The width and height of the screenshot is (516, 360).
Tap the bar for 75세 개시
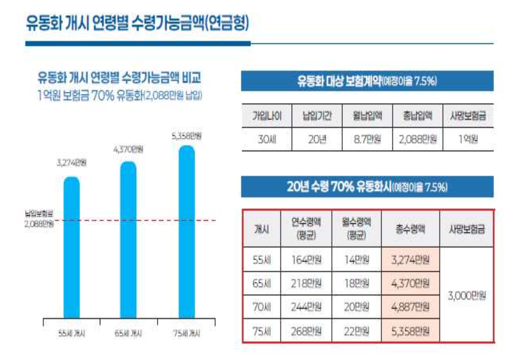coord(186,232)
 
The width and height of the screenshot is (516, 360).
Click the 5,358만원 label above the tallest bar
coord(186,136)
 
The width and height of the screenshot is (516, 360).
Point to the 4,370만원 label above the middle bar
coord(128,149)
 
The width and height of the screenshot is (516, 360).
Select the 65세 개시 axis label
coord(128,334)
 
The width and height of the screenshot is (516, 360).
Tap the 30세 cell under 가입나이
coord(267,139)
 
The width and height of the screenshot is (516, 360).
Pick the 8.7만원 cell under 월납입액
coord(367,139)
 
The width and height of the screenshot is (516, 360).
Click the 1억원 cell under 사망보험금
coord(468,139)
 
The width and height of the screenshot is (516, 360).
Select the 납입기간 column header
coord(317,116)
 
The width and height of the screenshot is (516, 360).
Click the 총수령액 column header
coord(410,229)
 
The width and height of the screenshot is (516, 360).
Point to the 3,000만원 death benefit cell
coord(467,295)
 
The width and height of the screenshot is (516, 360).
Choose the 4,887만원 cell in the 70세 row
coord(410,307)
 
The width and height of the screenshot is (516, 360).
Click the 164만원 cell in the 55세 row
coord(306,259)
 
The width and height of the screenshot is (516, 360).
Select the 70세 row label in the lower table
coord(262,307)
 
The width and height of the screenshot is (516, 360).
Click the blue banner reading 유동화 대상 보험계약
coord(367,81)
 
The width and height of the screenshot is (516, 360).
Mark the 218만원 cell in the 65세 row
coord(306,283)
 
